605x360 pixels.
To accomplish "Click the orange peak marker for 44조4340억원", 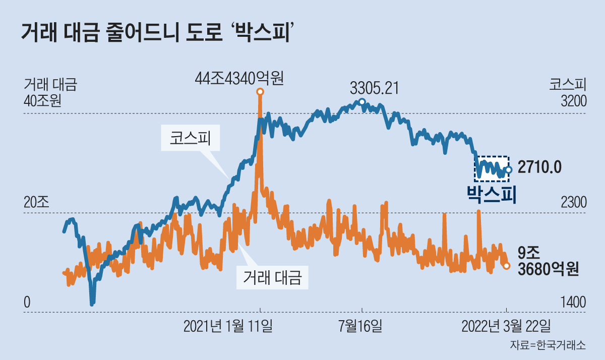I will pos(260,92).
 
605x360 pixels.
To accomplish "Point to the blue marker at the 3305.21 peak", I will pos(361,102).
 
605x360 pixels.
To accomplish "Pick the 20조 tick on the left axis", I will pos(36,202).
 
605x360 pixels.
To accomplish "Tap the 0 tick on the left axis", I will pos(27,303).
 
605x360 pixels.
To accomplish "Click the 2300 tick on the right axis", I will pos(574,202).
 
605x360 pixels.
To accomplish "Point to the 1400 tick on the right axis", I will pos(574,303).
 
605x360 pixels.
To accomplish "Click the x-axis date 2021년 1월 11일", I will pos(228,326).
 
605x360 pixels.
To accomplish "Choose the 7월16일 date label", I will pos(360,326).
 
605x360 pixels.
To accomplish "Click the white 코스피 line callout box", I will pos(190,138).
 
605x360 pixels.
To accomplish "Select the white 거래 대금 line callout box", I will pos(272,277).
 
